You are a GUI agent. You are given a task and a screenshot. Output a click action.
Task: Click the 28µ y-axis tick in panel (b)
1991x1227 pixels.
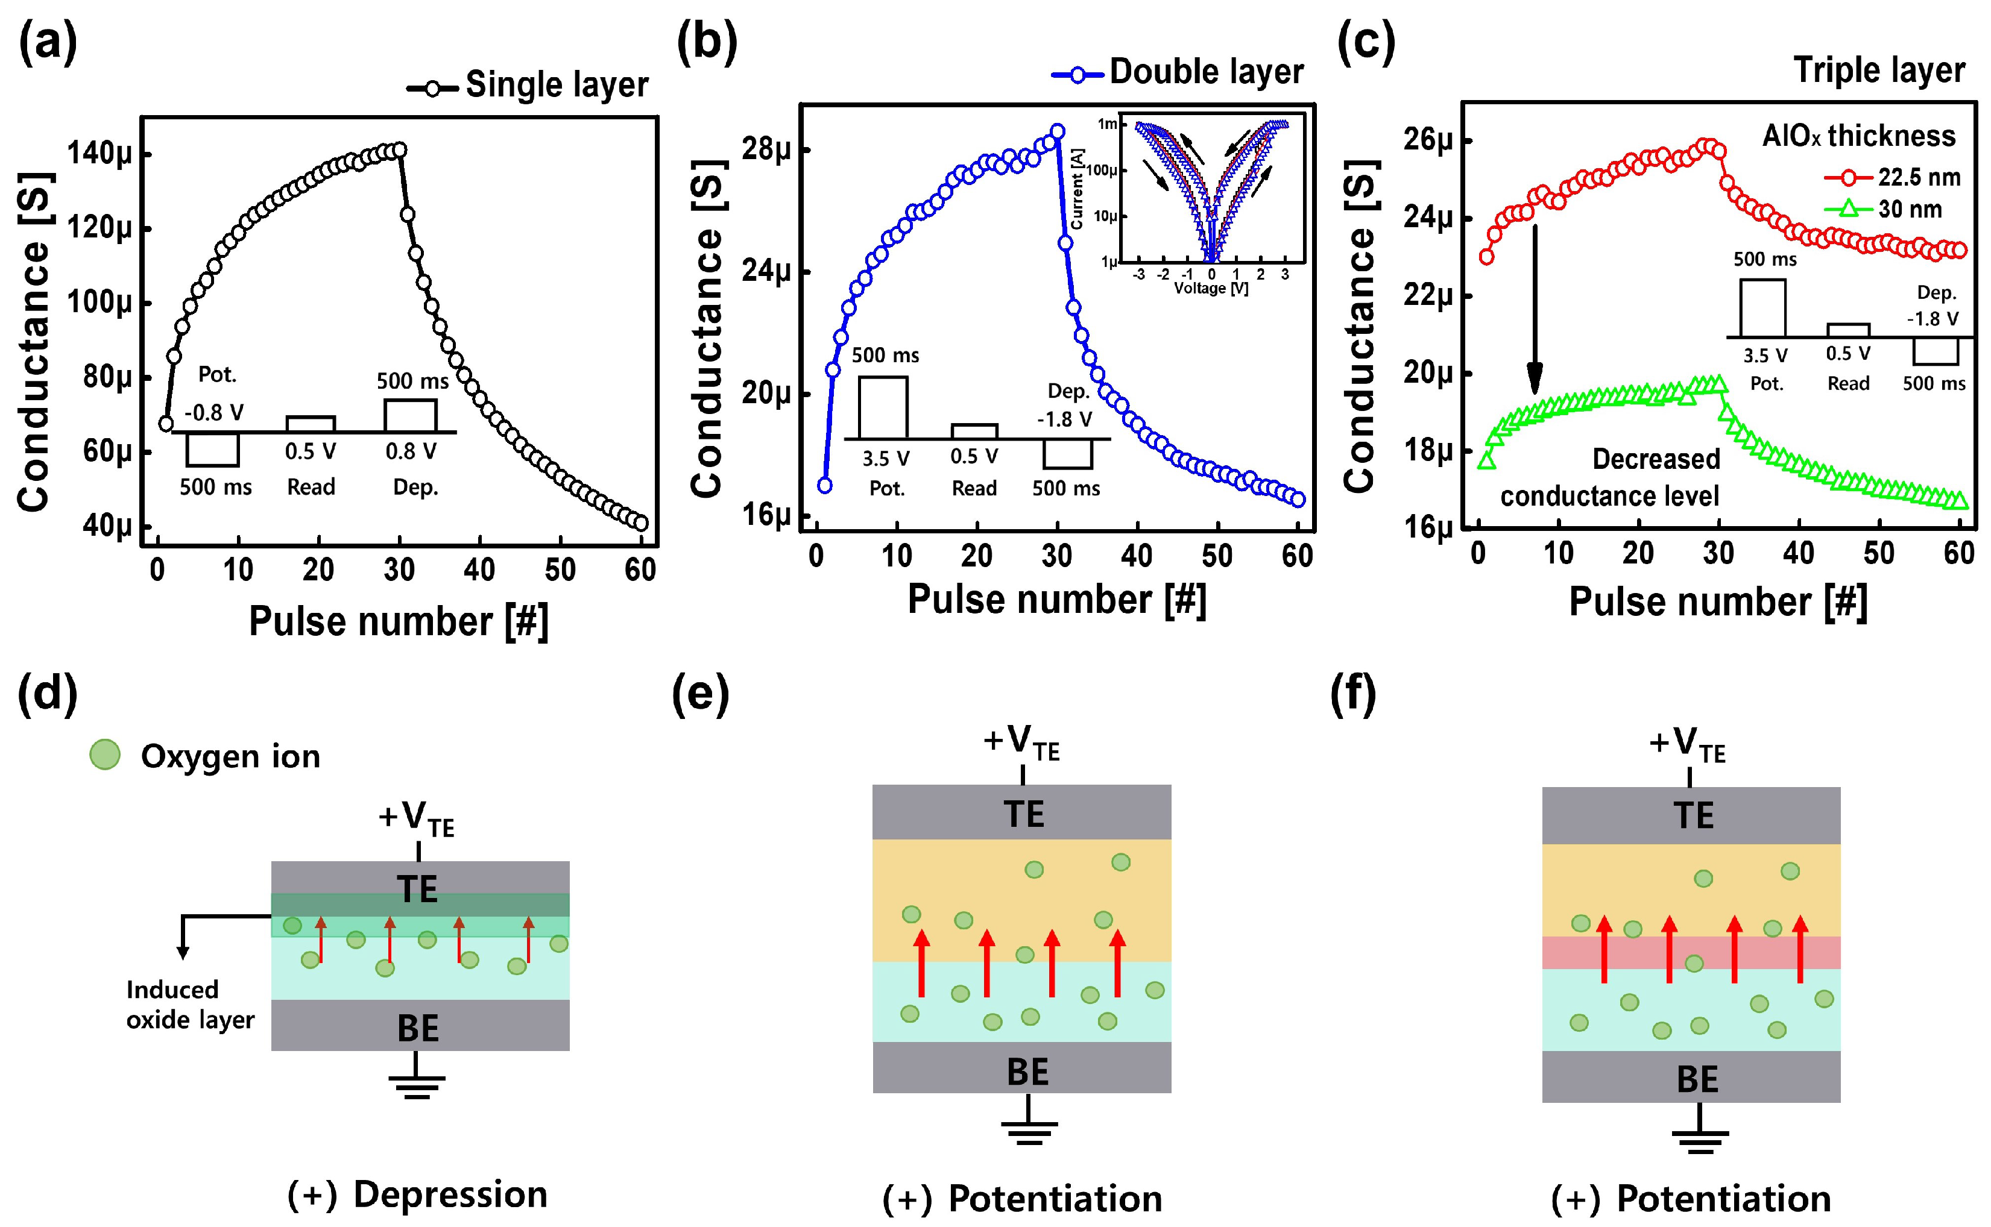pyautogui.click(x=765, y=149)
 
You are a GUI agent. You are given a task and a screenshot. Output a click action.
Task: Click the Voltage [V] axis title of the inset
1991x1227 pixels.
pyautogui.click(x=1211, y=289)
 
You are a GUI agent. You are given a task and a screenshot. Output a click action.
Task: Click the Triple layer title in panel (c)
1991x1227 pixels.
pyautogui.click(x=1879, y=71)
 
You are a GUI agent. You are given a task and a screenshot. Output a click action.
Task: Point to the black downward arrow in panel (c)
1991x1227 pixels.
pyautogui.click(x=1534, y=309)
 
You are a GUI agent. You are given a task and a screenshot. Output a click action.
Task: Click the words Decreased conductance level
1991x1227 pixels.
pyautogui.click(x=1610, y=477)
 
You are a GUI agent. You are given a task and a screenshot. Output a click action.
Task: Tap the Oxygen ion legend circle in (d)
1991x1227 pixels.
pyautogui.click(x=105, y=754)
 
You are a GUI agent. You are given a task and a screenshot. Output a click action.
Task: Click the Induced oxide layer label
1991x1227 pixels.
pyautogui.click(x=189, y=1005)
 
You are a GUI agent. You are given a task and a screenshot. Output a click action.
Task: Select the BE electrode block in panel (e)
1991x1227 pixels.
pyautogui.click(x=1021, y=1068)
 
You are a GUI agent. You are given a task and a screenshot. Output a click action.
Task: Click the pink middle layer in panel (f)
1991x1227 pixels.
pyautogui.click(x=1691, y=953)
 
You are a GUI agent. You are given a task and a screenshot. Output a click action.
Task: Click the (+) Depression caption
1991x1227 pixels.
pyautogui.click(x=417, y=1194)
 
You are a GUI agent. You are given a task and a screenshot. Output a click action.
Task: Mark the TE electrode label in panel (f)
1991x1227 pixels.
pyautogui.click(x=1693, y=815)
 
